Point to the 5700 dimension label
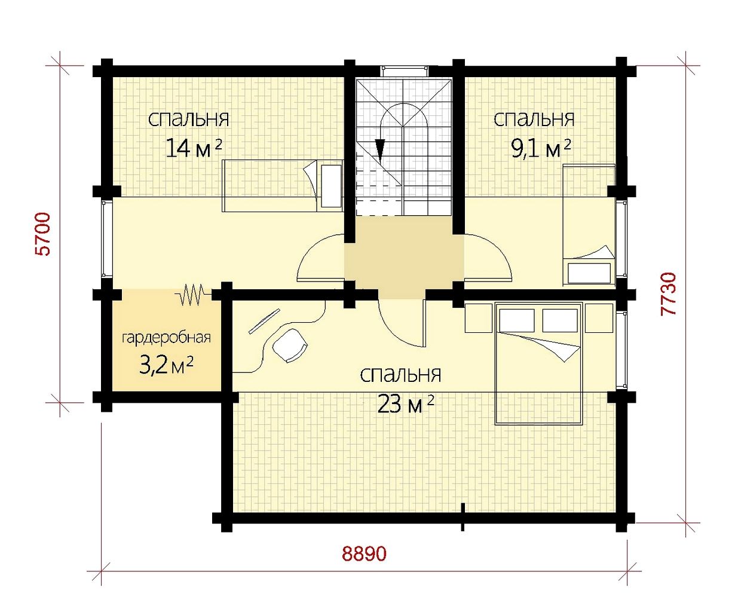click(44, 234)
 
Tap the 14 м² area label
click(194, 148)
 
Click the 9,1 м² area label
click(541, 149)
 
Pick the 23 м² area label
click(405, 405)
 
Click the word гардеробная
click(166, 338)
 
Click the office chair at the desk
click(290, 345)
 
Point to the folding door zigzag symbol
click(192, 294)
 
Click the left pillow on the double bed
click(517, 320)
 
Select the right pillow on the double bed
click(560, 320)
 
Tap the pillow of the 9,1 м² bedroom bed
click(589, 273)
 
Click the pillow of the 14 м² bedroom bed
click(331, 186)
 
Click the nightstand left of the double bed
click(478, 318)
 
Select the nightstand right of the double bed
click(599, 318)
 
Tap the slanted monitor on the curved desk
click(264, 321)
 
